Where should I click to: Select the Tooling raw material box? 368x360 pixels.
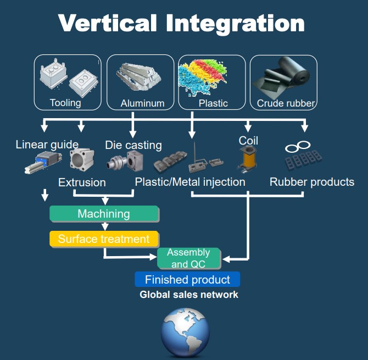point(68,82)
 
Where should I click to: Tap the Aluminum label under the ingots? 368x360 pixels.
point(142,103)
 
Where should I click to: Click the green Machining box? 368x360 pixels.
point(104,214)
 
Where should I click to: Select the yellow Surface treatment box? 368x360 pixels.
point(104,239)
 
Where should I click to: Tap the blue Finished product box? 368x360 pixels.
point(187,280)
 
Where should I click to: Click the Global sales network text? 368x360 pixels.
point(189,295)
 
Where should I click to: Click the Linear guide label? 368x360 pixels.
point(47,145)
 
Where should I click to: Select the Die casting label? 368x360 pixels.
point(133,145)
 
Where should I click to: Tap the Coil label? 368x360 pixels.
point(248,141)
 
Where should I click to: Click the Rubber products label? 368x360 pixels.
point(312,182)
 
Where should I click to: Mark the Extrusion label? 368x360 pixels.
point(82,182)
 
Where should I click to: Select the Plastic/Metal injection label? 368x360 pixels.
point(190,182)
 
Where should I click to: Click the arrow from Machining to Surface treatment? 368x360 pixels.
point(104,226)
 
